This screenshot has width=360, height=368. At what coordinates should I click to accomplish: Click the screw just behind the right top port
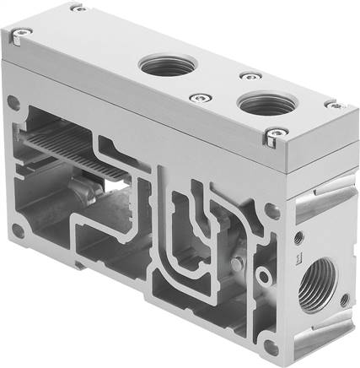244,76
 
